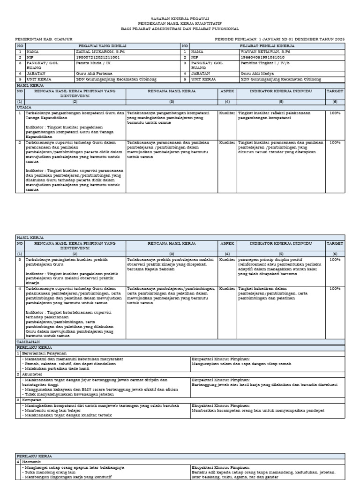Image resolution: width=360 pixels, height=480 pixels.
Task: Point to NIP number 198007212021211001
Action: coord(97,57)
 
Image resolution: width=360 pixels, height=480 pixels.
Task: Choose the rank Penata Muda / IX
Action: coord(92,62)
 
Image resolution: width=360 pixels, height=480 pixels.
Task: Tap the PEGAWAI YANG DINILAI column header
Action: coord(100,45)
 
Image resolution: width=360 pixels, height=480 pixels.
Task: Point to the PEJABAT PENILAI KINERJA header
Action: coord(267,45)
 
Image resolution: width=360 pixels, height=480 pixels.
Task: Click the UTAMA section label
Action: coord(24,107)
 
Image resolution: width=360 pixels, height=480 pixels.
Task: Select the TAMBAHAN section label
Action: coord(28,342)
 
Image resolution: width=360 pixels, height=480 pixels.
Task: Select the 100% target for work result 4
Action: coord(335,289)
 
